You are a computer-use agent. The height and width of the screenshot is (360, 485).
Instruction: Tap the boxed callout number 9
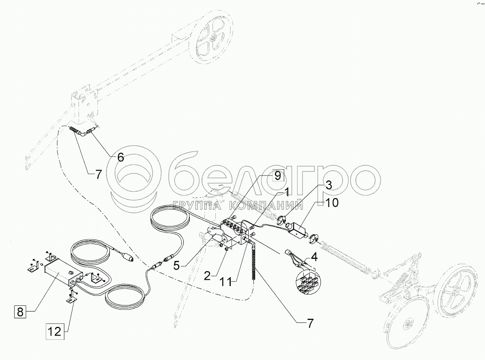pos(277,176)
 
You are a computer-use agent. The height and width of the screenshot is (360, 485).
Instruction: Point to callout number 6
pos(121,157)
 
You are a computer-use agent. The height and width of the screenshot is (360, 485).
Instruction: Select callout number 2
pos(207,277)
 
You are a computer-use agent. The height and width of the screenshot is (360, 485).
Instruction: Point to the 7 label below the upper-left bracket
pos(99,175)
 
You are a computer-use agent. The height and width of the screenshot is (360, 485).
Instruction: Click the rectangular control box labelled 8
pos(61,272)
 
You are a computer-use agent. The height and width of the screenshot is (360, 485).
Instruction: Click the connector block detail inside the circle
pos(307,282)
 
